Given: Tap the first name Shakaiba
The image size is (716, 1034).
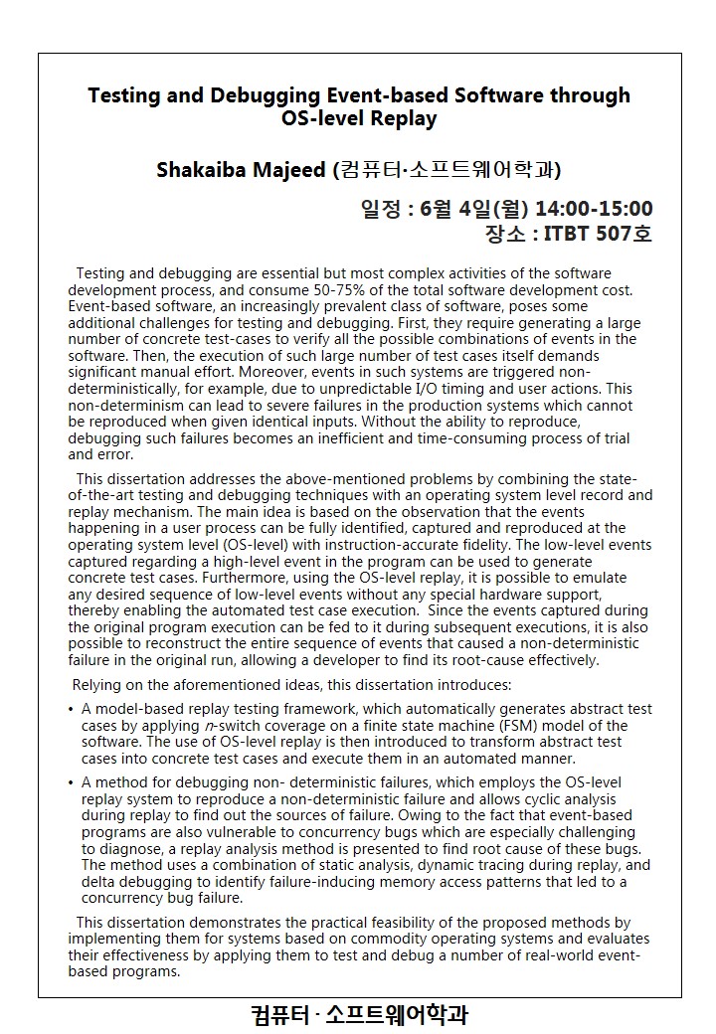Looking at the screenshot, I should (x=202, y=170).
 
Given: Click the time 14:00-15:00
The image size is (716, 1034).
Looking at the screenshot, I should (x=594, y=209).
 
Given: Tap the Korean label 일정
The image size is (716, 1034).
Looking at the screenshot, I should (x=380, y=209).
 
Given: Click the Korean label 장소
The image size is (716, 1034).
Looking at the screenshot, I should (x=503, y=236).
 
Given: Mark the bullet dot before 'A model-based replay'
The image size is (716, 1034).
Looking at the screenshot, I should (x=71, y=710).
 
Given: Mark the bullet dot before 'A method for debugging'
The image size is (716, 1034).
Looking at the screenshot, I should (x=71, y=783).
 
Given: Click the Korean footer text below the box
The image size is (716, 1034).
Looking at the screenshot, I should (x=359, y=1015).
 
